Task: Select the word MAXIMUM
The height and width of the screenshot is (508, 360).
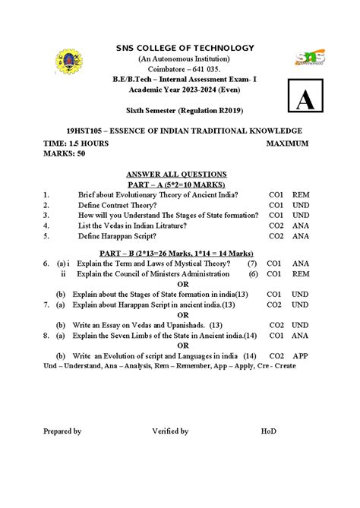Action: point(287,143)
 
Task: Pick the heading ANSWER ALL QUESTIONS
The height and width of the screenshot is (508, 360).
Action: point(177,174)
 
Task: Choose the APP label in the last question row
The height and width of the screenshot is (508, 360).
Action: point(301,355)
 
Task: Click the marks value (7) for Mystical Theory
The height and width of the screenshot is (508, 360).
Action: point(252,263)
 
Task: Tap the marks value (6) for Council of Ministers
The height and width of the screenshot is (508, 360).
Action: point(253,273)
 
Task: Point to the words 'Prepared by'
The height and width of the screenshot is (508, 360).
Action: point(62,431)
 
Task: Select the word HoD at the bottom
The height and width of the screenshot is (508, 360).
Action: point(269,431)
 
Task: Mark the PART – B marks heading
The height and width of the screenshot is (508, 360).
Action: point(177,253)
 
